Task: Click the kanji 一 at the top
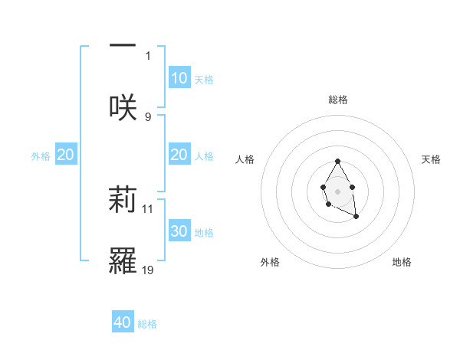(x=123, y=45)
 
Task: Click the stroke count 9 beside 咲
(x=148, y=116)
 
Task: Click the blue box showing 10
(x=179, y=78)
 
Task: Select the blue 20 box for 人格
(x=179, y=155)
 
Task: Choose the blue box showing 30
(x=179, y=231)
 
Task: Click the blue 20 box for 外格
(x=66, y=155)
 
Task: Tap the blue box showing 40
(x=123, y=322)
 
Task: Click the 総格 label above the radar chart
(x=338, y=100)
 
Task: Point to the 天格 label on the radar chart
(x=431, y=159)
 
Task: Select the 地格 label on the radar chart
(x=402, y=262)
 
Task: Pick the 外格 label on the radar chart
(x=270, y=262)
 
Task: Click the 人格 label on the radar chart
(x=245, y=159)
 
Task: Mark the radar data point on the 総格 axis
(x=337, y=162)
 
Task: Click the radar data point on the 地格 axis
(x=356, y=217)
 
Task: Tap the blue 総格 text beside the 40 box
(x=147, y=324)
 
